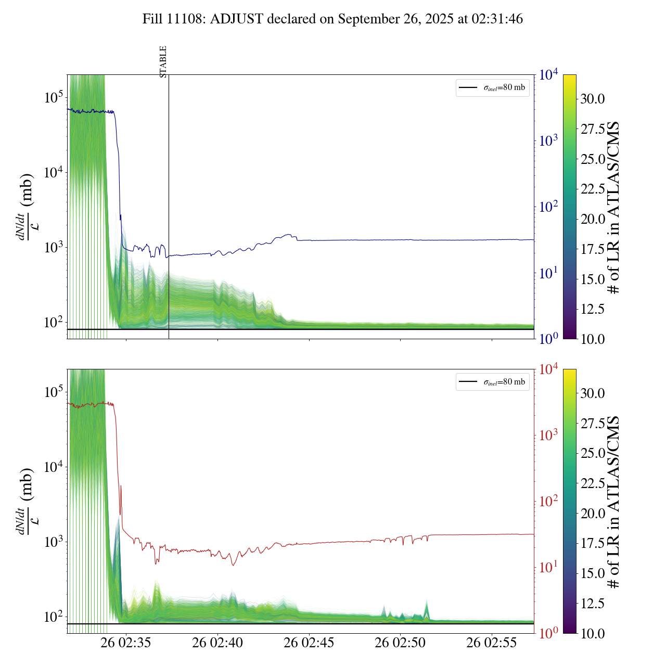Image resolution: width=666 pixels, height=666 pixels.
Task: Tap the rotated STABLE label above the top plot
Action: [x=163, y=62]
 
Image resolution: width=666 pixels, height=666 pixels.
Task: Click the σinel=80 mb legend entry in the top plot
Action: [x=492, y=87]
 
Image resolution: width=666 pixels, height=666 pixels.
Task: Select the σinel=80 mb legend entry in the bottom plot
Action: [x=492, y=382]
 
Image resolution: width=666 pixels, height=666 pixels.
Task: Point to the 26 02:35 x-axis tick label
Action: [x=126, y=643]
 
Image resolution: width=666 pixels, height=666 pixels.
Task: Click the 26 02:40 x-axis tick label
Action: [x=217, y=643]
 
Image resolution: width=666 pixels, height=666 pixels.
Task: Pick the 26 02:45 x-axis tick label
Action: [x=309, y=643]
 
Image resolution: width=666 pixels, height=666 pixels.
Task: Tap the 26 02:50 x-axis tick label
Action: [x=400, y=643]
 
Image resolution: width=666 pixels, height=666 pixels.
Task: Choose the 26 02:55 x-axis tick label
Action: [x=492, y=643]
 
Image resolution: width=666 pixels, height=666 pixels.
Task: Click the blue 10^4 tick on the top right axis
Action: [x=549, y=75]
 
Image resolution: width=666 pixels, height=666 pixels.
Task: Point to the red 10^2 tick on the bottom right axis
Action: [x=549, y=502]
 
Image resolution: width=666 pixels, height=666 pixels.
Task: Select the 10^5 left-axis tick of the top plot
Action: [x=54, y=97]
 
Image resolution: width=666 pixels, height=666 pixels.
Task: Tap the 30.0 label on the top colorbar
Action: [x=593, y=99]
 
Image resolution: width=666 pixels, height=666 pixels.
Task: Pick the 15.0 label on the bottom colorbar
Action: [x=593, y=573]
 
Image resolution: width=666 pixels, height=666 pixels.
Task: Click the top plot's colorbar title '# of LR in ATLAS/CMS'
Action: [x=614, y=207]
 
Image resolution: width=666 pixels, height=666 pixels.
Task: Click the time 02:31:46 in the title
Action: [x=497, y=19]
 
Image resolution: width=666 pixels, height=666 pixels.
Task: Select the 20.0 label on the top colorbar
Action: [x=593, y=219]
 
